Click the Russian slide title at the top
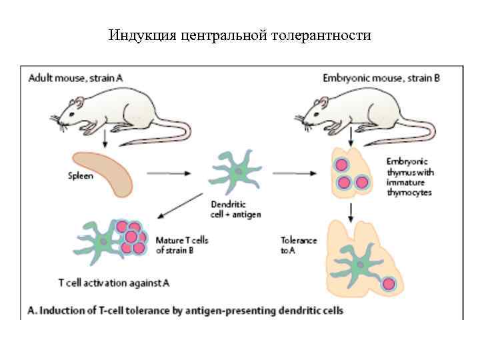(x=239, y=35)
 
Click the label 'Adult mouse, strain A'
(x=75, y=77)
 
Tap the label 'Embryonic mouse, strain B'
(x=381, y=77)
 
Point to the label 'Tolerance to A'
(x=299, y=245)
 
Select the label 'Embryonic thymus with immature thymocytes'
(x=409, y=177)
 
